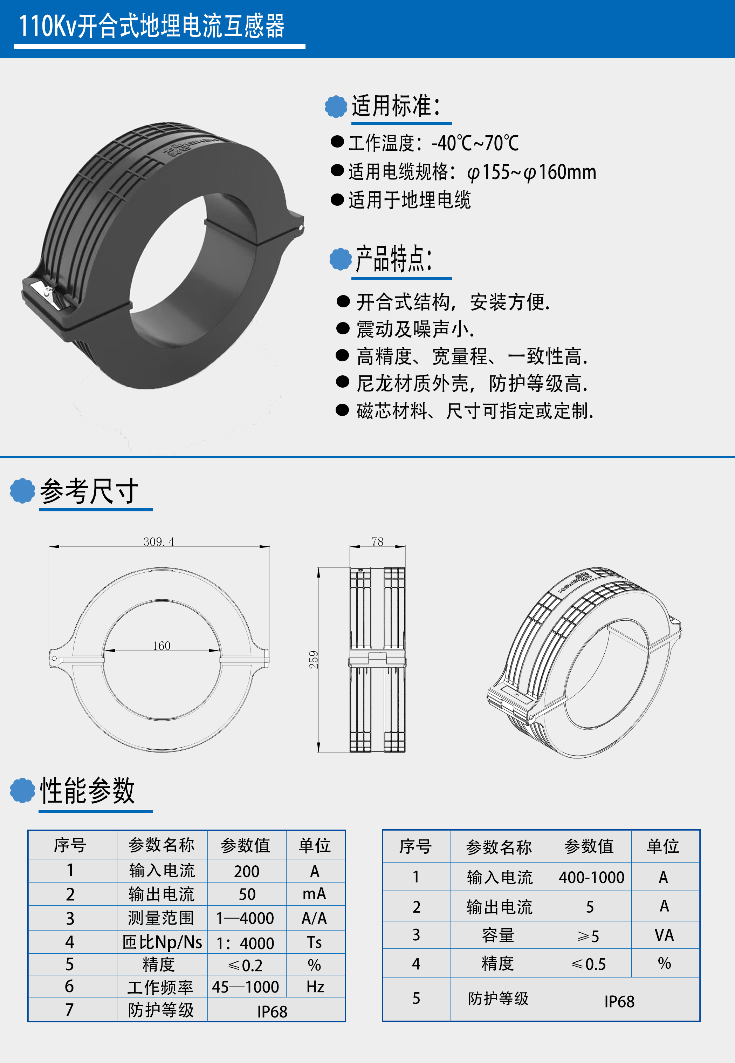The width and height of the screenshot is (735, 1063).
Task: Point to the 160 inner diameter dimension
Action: [162, 646]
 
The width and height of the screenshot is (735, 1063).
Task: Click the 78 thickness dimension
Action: [377, 541]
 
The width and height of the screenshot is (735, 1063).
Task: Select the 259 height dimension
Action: [314, 660]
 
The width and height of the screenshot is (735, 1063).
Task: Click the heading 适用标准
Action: [396, 106]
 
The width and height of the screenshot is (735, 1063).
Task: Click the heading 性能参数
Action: [88, 790]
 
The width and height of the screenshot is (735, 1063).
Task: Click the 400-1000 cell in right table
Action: [591, 877]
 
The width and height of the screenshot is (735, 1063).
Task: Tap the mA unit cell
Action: [314, 894]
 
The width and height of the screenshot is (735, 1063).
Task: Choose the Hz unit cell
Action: [315, 987]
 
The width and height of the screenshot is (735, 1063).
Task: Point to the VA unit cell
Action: [664, 935]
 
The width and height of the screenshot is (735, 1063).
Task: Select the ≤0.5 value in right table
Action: [589, 964]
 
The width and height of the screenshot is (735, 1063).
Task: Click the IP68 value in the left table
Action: [272, 1012]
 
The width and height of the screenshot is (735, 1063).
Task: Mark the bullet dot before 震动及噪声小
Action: [343, 328]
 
